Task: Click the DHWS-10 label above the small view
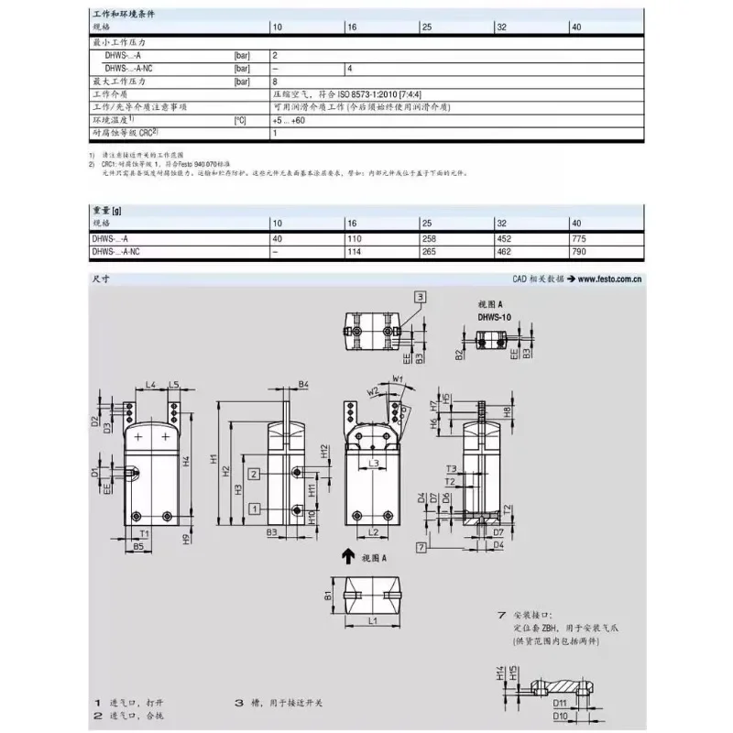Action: (495, 317)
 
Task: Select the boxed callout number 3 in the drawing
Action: (420, 296)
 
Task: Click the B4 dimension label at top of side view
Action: (303, 384)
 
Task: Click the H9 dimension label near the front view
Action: (185, 539)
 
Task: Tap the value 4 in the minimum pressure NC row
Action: (349, 69)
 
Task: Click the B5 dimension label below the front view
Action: (138, 546)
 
